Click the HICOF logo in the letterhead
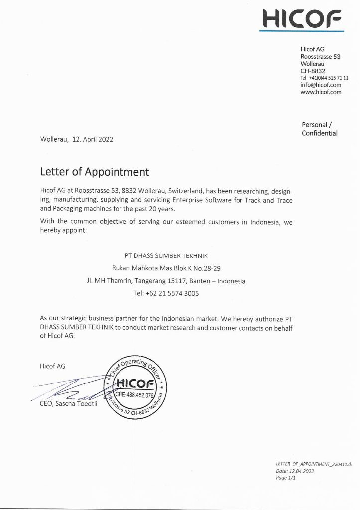302,19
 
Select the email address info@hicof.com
321,85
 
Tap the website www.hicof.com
321,92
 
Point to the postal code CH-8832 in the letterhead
313,71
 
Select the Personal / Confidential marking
319,128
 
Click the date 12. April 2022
93,139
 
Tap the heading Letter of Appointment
95,172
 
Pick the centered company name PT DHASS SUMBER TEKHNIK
166,255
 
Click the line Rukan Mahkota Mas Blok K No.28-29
166,268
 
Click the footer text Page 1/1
286,478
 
